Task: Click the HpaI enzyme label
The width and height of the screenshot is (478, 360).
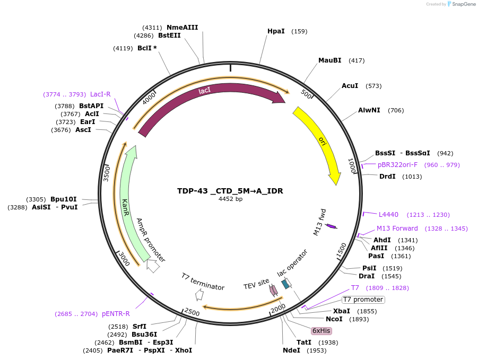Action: pos(276,31)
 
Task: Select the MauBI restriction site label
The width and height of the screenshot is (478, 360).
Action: pos(329,60)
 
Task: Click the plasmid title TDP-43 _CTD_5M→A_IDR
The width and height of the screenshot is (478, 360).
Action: pos(230,191)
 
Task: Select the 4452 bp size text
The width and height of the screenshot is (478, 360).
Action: pos(230,199)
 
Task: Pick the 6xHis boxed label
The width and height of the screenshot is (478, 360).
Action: pos(321,330)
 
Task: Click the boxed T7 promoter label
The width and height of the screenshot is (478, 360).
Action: pos(363,300)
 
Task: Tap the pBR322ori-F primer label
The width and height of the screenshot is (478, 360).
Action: pos(397,165)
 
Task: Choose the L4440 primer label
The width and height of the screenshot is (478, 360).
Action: pos(388,215)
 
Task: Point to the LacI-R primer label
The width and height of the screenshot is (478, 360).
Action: pos(100,94)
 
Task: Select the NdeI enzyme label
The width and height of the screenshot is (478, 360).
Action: pos(291,350)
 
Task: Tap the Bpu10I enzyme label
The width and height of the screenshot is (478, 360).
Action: pos(64,199)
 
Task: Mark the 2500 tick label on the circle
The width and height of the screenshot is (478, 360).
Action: pos(192,313)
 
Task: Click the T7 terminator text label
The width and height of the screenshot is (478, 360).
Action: pos(203,282)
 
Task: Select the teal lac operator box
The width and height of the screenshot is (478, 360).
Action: pos(285,284)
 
